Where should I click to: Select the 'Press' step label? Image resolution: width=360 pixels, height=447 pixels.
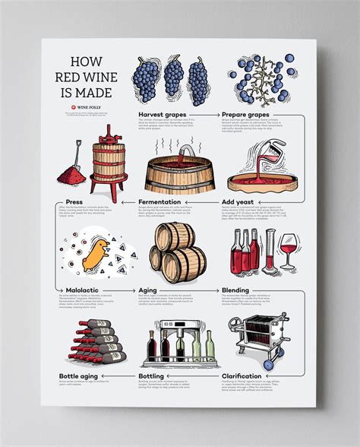pyautogui.click(x=74, y=202)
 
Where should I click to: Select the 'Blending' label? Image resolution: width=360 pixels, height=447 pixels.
pyautogui.click(x=237, y=290)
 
